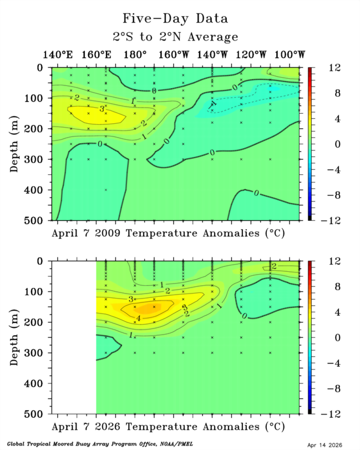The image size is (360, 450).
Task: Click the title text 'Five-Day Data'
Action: [x=175, y=18]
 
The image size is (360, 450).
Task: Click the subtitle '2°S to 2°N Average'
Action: [x=175, y=37]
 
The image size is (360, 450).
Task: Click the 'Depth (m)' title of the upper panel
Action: [x=16, y=144]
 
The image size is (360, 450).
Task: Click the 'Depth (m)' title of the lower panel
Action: [x=16, y=337]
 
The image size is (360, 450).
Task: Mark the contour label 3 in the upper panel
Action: [x=102, y=109]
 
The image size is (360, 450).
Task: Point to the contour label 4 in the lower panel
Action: [x=138, y=318]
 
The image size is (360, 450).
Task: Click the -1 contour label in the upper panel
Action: [x=212, y=105]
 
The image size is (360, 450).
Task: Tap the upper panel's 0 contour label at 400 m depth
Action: [x=256, y=193]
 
